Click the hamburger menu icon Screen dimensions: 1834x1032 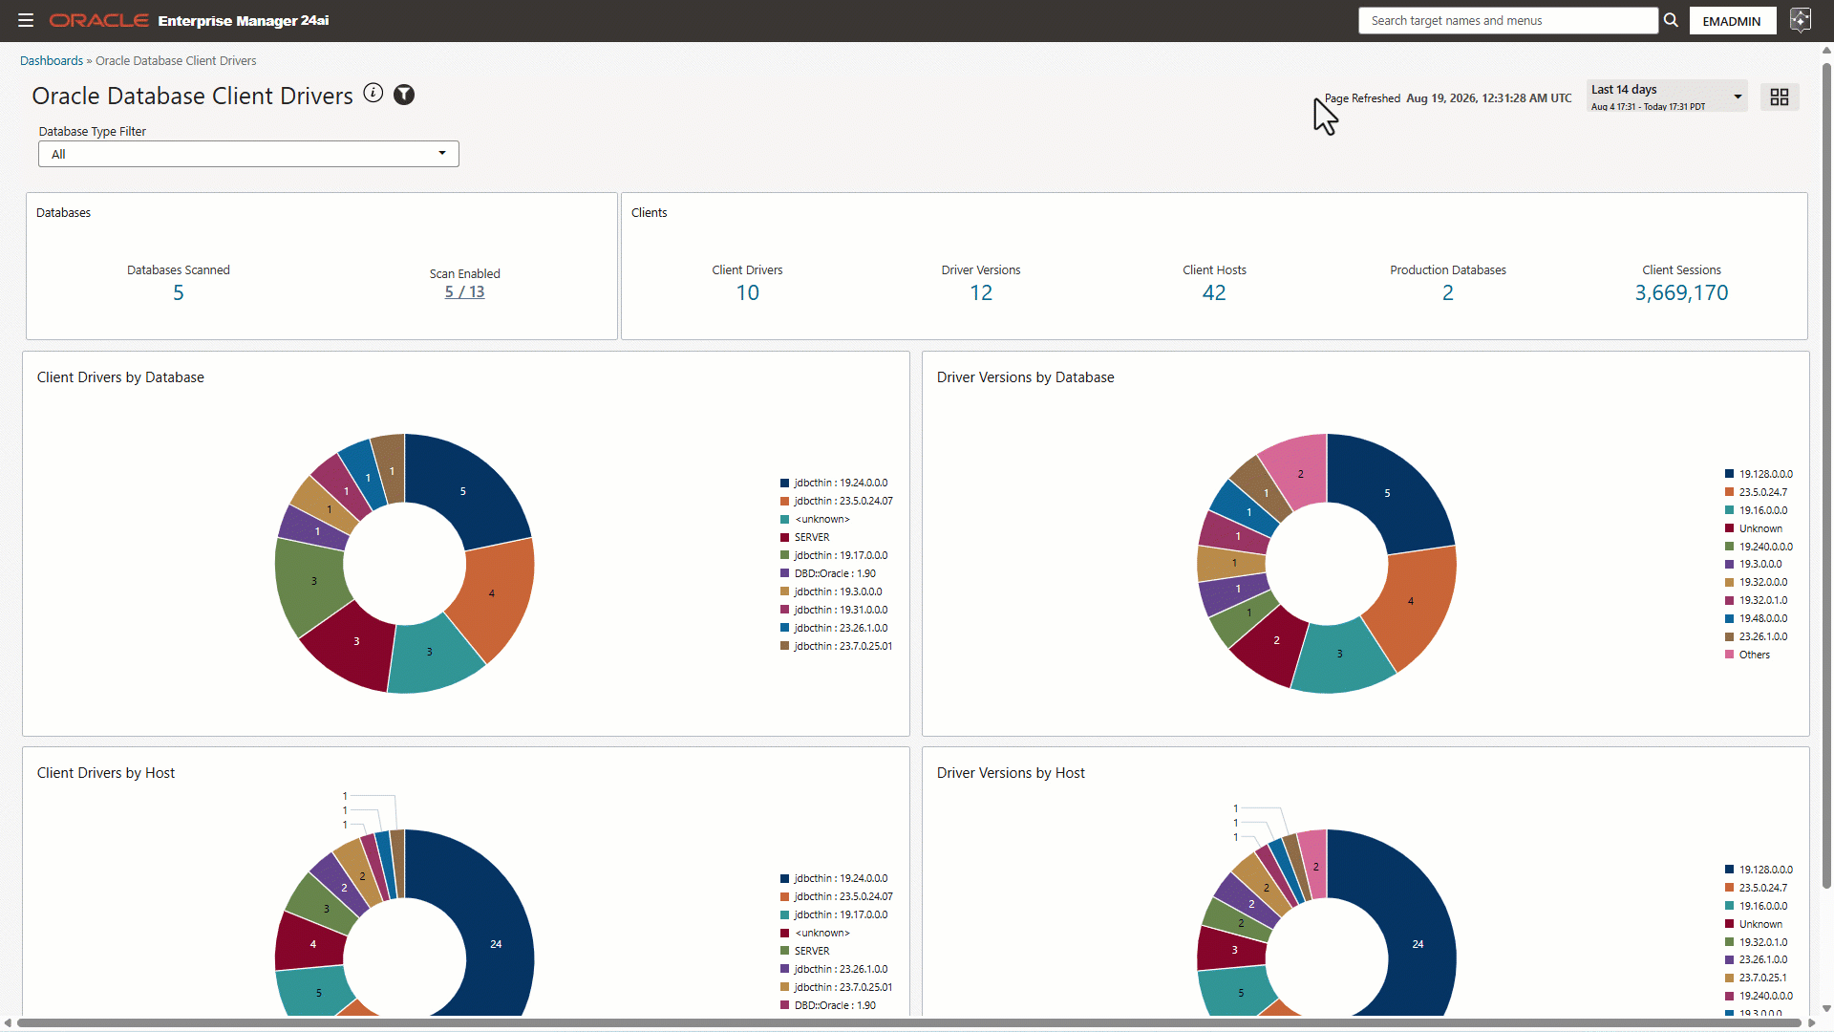(x=26, y=20)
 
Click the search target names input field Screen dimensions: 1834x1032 (x=1507, y=20)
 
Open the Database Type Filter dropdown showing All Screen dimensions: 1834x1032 (x=248, y=154)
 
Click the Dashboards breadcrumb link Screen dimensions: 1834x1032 (x=52, y=60)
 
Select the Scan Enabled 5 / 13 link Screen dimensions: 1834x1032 (x=464, y=292)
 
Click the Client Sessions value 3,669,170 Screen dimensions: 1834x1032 (x=1681, y=292)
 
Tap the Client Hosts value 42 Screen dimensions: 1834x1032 (x=1214, y=292)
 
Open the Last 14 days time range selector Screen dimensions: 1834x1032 (x=1667, y=97)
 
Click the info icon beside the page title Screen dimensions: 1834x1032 (x=373, y=93)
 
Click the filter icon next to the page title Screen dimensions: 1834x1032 (x=404, y=94)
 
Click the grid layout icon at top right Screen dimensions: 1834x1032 (x=1780, y=97)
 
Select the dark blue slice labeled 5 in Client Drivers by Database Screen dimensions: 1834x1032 (x=464, y=490)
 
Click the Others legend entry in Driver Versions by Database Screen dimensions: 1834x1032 (x=1748, y=655)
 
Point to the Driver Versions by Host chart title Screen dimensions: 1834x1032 (x=1011, y=773)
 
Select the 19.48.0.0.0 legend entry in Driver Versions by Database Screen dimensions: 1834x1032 (x=1757, y=618)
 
